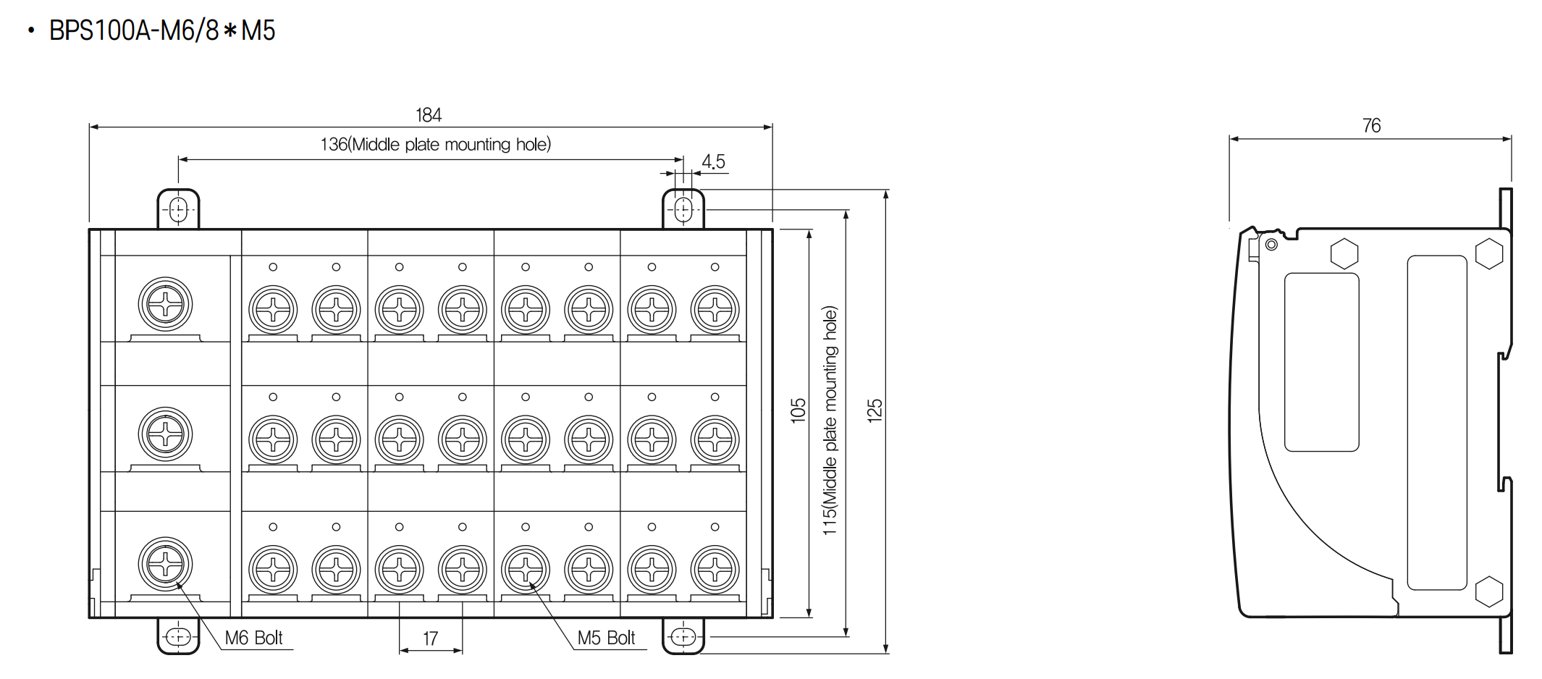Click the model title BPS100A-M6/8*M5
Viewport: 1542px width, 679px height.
(x=162, y=31)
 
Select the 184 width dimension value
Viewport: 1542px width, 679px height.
(x=429, y=115)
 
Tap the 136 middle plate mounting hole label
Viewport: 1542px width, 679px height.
(x=436, y=145)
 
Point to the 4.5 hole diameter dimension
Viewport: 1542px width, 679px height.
(x=713, y=162)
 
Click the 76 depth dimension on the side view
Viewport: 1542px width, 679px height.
(x=1371, y=126)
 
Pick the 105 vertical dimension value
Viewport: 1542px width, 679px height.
(x=798, y=410)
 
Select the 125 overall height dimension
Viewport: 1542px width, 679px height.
(x=875, y=410)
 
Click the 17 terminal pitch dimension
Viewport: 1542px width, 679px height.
(x=430, y=638)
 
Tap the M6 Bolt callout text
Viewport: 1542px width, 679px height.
(x=253, y=638)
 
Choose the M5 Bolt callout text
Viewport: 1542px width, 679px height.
(x=606, y=638)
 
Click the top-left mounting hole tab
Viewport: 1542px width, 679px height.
(x=178, y=209)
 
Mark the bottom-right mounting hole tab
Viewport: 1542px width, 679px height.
(x=683, y=636)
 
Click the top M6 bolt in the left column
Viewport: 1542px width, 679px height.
(x=165, y=304)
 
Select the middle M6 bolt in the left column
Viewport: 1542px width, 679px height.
(x=165, y=434)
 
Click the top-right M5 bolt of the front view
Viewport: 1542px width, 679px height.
(x=715, y=310)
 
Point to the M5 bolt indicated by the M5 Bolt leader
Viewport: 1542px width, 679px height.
(x=526, y=570)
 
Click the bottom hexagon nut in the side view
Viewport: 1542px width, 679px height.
(x=1488, y=591)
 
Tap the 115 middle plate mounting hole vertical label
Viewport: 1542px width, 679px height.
(x=830, y=421)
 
